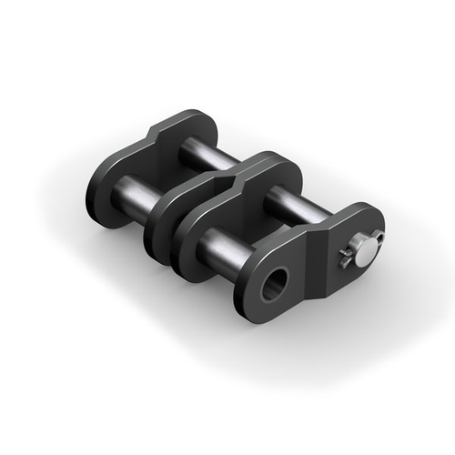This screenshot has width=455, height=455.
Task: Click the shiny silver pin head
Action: click(363, 254)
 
